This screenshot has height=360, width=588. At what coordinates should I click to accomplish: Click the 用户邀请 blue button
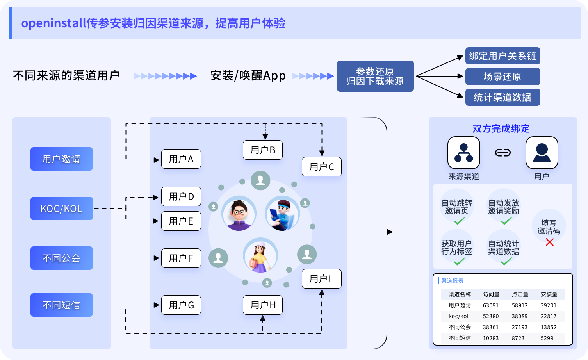62,159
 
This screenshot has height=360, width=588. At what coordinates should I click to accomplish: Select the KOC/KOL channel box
62,209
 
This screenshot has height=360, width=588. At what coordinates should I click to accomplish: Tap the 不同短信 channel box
62,305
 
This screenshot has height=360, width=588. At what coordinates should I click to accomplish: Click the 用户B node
263,150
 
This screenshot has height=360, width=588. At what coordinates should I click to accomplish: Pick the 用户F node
181,258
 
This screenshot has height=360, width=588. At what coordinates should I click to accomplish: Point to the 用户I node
321,279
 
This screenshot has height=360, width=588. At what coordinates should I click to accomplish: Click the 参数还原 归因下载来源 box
375,76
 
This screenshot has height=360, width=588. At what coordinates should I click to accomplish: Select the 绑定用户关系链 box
502,56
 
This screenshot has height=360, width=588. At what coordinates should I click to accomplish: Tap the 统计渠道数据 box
502,97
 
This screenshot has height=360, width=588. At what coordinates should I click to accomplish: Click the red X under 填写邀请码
550,242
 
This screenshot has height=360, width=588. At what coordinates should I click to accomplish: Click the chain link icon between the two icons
503,153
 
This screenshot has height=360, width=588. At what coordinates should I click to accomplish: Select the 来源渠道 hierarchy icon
464,153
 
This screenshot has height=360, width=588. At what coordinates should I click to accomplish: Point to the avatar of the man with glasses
239,214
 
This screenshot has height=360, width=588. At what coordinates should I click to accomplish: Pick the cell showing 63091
491,305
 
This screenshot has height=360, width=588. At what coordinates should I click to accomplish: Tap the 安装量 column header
549,294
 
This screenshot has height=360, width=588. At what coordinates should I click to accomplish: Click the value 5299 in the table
547,338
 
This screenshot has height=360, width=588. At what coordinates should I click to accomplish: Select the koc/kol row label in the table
459,316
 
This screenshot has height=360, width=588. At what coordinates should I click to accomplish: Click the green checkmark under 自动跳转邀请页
459,221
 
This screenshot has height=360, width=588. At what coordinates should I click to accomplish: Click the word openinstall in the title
53,23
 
